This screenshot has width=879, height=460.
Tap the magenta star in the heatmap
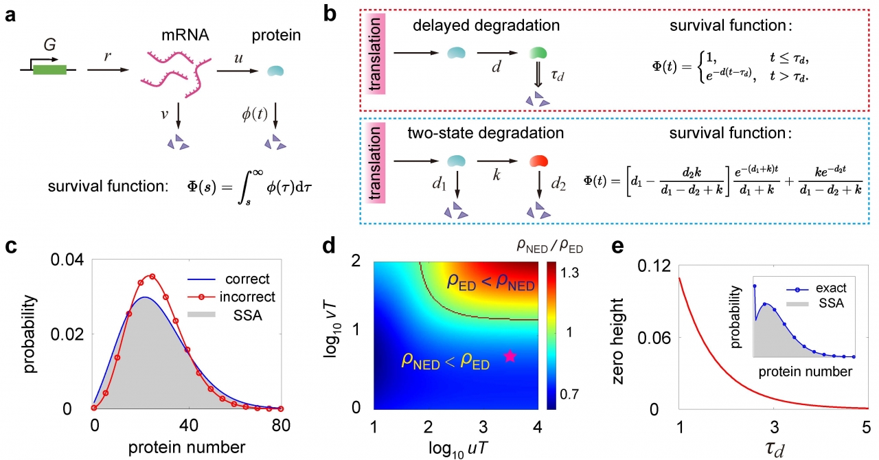510,356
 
